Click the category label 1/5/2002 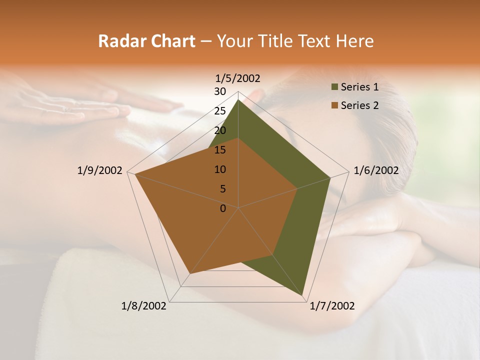(x=238, y=78)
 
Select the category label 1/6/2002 (x=376, y=170)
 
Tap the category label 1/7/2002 (x=332, y=306)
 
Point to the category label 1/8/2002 (x=144, y=306)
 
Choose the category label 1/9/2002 (x=100, y=170)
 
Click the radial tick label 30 (x=220, y=91)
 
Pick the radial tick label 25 (x=220, y=111)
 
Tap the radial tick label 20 (x=220, y=130)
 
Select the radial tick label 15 (x=220, y=150)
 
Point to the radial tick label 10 (x=220, y=169)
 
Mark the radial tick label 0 (x=223, y=208)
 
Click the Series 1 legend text (x=359, y=87)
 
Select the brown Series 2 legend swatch (x=334, y=105)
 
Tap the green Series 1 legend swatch (x=334, y=87)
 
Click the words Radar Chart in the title (x=146, y=41)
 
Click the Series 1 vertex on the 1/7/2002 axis (x=303, y=296)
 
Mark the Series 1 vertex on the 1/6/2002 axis (x=330, y=177)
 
